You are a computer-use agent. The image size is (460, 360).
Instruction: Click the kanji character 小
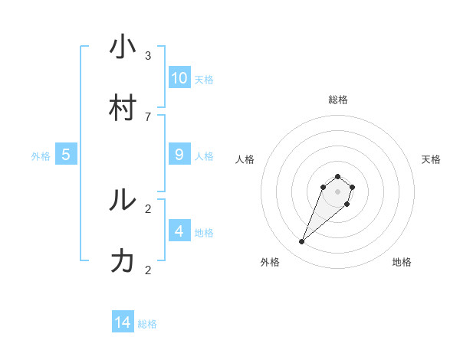click(x=123, y=47)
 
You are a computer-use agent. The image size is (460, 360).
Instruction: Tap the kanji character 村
click(x=123, y=108)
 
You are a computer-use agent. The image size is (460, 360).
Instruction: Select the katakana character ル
click(x=123, y=200)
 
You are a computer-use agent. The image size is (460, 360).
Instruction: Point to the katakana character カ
click(x=123, y=261)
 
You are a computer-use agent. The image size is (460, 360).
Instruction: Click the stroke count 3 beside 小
click(x=148, y=56)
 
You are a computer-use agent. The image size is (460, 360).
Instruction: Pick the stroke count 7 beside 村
click(x=148, y=117)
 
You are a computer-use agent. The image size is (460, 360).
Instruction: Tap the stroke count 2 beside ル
click(x=148, y=208)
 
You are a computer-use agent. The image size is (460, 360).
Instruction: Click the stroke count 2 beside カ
click(x=148, y=270)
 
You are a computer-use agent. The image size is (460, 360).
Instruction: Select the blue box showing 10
click(x=179, y=78)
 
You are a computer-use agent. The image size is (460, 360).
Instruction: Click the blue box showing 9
click(x=179, y=155)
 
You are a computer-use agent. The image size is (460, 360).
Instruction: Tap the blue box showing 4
click(x=179, y=231)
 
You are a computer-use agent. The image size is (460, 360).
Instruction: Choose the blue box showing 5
click(x=66, y=155)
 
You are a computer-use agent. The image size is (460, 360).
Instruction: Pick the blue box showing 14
click(x=123, y=322)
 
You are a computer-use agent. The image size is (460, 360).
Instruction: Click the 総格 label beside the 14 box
click(x=147, y=324)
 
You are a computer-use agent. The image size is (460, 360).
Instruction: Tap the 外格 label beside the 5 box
click(x=41, y=156)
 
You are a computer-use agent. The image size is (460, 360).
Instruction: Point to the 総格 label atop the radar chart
click(x=338, y=100)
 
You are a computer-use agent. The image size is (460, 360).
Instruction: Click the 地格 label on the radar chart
click(x=402, y=262)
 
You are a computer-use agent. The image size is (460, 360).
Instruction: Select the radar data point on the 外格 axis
click(x=302, y=242)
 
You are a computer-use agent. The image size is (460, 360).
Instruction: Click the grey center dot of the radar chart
click(x=338, y=191)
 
